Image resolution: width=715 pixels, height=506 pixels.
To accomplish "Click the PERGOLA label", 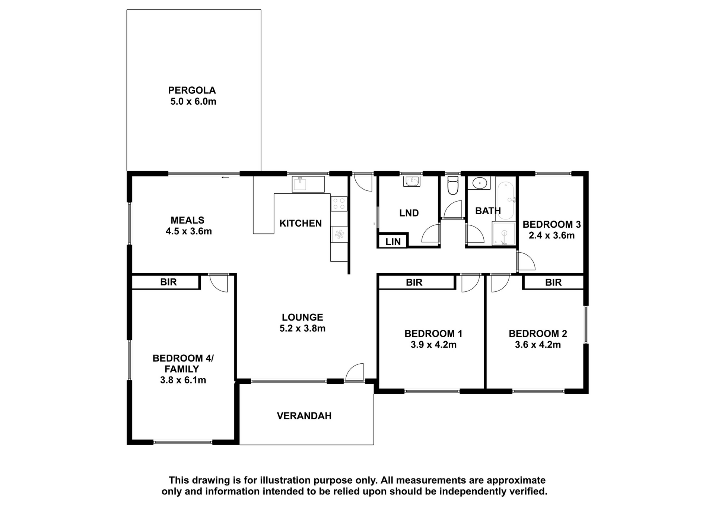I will point(192,90).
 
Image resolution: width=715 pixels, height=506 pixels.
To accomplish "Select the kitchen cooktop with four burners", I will point(339,204).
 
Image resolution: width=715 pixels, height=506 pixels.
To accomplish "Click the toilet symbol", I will point(452,186).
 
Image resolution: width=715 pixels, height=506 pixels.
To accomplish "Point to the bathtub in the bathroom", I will point(506,200).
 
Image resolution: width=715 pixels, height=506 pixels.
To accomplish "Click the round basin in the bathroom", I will point(479,183).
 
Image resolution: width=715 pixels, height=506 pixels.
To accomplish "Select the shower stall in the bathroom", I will point(504,234).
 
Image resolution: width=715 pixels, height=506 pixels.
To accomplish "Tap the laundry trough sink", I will point(412,181).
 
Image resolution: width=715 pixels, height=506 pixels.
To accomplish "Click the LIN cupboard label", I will point(393,241).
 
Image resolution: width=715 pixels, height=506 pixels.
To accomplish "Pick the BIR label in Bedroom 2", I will point(553,282).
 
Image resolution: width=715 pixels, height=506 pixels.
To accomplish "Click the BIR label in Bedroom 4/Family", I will point(168,282).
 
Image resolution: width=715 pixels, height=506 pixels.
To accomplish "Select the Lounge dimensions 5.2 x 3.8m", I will point(302,328).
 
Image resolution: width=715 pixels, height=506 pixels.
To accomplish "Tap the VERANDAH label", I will point(304,416).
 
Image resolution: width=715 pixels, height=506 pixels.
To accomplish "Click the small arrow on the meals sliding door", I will point(225,177).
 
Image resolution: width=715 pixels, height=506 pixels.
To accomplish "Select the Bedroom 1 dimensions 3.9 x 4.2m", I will point(433,345).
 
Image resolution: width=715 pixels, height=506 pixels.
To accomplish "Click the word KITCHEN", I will point(301,223).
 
